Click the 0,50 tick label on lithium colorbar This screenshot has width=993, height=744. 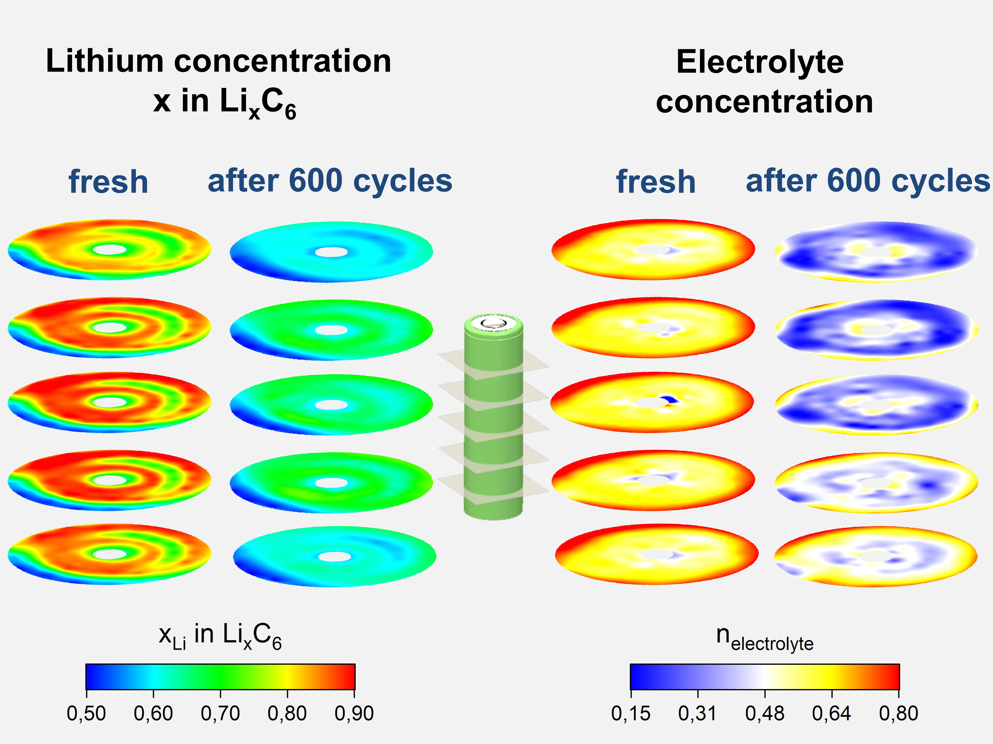[86, 713]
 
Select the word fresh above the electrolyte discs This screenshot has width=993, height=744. [656, 182]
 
